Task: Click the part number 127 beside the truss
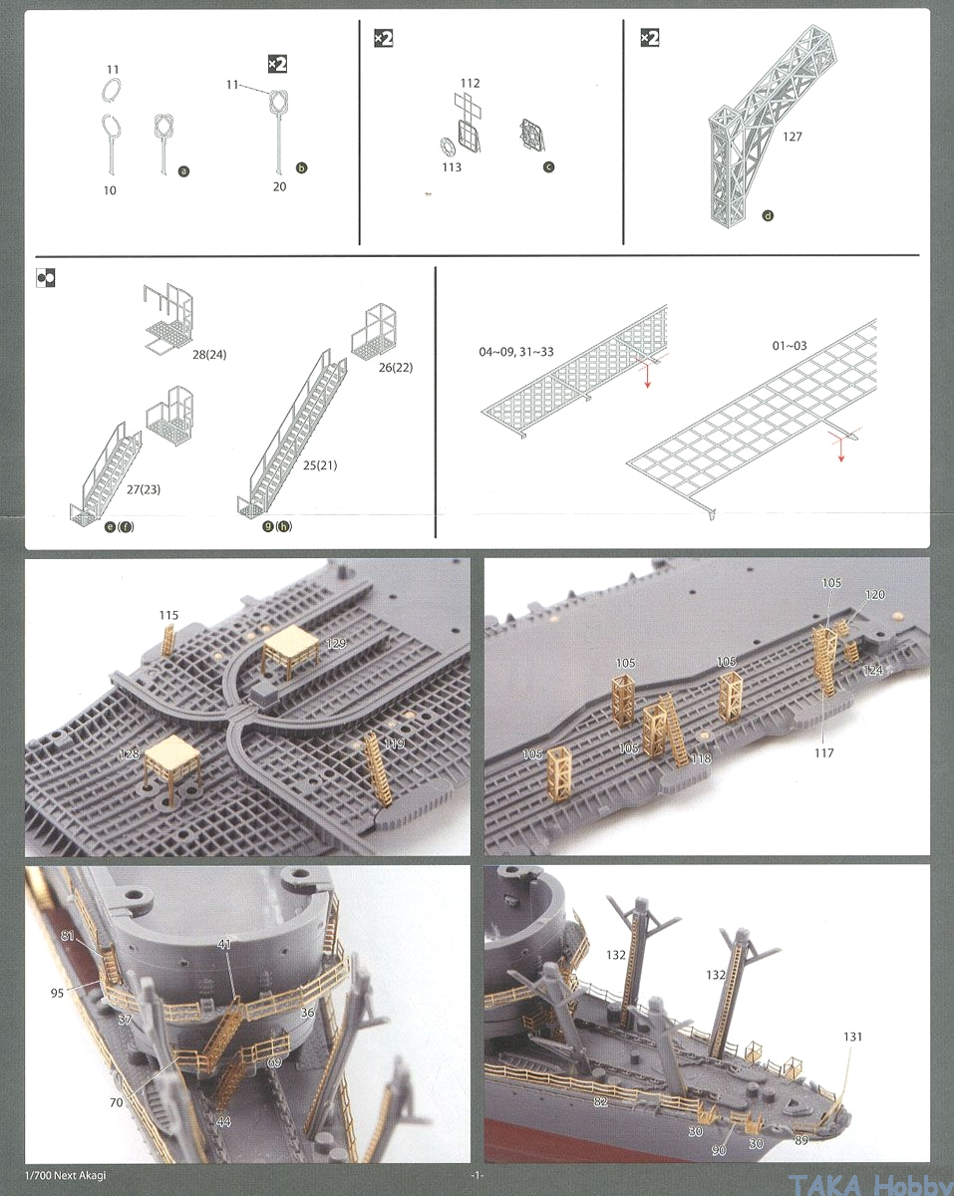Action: [794, 138]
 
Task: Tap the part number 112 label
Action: [471, 83]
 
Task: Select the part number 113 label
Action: [452, 167]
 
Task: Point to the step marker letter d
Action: [767, 215]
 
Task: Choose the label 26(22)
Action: [395, 367]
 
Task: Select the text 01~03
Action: [790, 346]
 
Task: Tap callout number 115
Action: [168, 615]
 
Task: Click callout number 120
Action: [874, 595]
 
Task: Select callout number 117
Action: [823, 753]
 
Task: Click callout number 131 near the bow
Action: [851, 1037]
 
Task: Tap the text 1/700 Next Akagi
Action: [67, 1175]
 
